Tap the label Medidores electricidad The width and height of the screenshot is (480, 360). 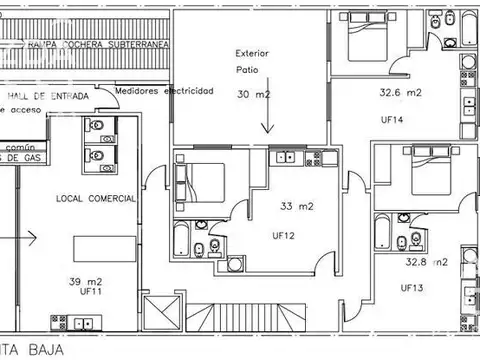[164, 90]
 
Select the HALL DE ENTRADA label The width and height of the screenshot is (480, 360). [47, 96]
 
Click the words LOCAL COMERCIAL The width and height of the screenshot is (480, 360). [96, 199]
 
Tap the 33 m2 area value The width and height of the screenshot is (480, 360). [297, 207]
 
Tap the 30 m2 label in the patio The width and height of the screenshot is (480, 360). [254, 94]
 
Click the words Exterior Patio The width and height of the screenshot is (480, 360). [254, 62]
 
